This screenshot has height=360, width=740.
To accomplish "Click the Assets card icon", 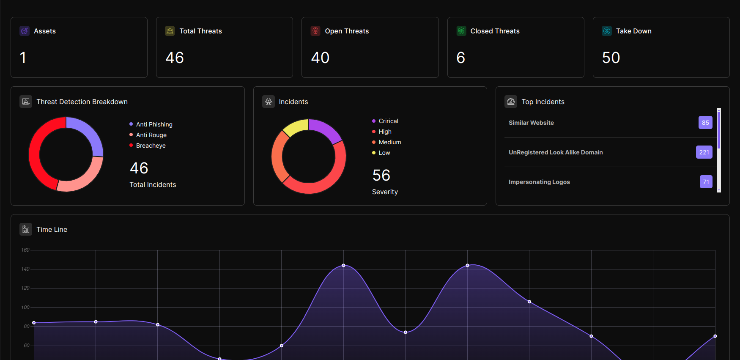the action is (x=25, y=31).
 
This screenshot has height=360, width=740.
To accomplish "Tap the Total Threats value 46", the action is (x=175, y=58).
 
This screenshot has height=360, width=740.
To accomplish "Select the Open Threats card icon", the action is (x=315, y=31).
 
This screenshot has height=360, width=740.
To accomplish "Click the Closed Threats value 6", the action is (x=461, y=58).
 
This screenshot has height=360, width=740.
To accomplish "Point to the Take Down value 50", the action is (x=611, y=58).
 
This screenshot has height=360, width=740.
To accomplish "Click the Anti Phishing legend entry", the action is (x=151, y=124).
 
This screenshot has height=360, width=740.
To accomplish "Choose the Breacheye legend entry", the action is (x=148, y=146).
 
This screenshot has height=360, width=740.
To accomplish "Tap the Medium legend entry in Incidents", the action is (x=386, y=142).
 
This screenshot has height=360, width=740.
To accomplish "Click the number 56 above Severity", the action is (x=381, y=175).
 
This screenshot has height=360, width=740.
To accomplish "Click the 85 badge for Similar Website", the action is (x=705, y=123).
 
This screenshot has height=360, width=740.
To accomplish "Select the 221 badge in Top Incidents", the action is (x=704, y=152).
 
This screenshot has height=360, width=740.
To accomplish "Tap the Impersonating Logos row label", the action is (x=539, y=182).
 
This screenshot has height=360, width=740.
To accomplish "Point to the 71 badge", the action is (x=706, y=182).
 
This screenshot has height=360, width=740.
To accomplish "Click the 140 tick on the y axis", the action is (x=25, y=269).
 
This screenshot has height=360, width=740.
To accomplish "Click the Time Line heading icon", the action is (x=26, y=229).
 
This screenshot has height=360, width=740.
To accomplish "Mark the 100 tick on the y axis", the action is (x=25, y=308).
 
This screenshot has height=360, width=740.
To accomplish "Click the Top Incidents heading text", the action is (x=543, y=102).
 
